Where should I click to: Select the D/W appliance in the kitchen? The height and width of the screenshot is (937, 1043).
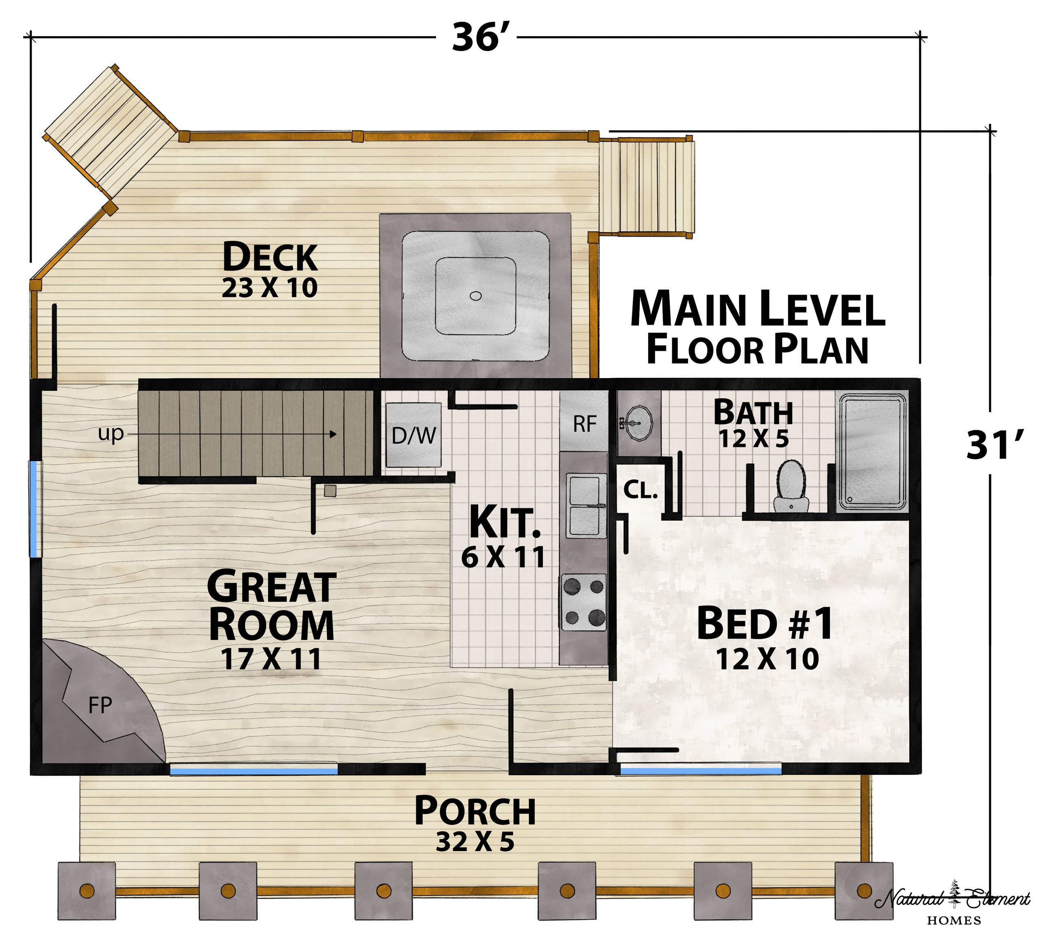click(414, 435)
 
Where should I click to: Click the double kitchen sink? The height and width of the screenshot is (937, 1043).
click(586, 506)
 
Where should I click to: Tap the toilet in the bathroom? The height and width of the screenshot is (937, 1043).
click(790, 486)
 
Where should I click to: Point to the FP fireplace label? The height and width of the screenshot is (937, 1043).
click(100, 705)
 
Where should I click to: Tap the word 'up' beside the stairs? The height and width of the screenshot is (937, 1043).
click(111, 433)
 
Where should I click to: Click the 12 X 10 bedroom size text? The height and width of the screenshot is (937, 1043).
click(767, 659)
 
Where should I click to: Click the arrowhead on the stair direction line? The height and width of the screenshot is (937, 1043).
click(333, 434)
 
